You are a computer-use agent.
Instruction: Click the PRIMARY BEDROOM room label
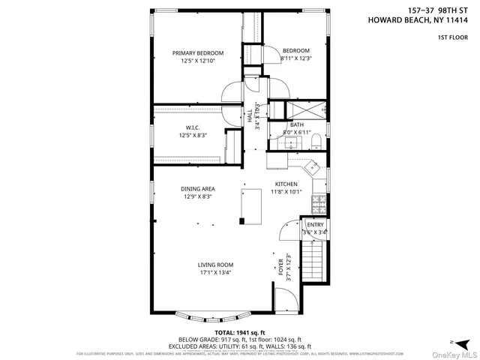[x=198, y=52]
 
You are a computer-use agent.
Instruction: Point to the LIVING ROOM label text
[x=215, y=265]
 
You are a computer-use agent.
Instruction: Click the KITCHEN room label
[x=286, y=184]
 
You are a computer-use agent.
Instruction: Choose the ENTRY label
[x=315, y=224]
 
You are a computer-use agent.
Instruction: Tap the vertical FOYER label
[x=280, y=266]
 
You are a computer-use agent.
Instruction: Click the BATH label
[x=297, y=124]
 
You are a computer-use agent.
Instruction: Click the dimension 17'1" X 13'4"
[x=215, y=273]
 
